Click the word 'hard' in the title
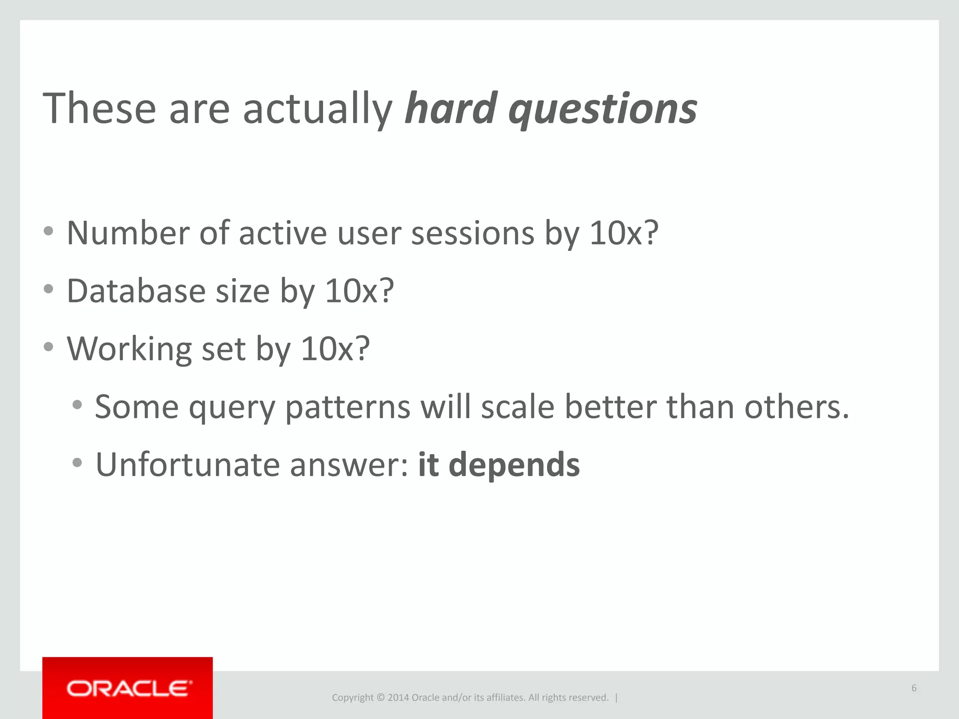(450, 109)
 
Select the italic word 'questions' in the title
(603, 110)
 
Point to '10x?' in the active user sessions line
(624, 233)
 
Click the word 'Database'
(136, 291)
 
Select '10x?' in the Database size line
(359, 291)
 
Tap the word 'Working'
(129, 349)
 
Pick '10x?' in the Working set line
(335, 349)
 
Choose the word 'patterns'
(347, 407)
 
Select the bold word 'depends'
(514, 466)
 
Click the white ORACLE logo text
(129, 689)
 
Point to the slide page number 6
(914, 688)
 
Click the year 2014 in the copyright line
(398, 697)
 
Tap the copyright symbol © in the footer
(380, 697)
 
